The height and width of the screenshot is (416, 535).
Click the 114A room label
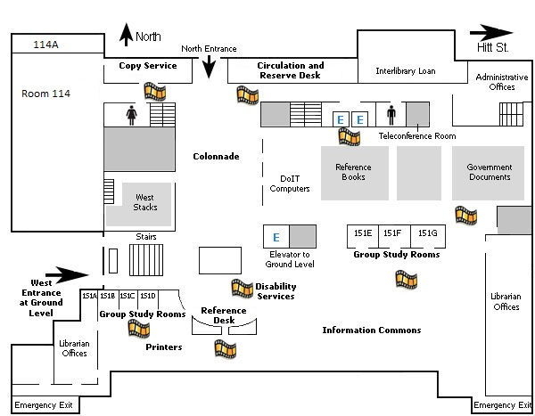pos(45,45)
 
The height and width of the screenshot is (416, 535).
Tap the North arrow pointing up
pos(126,37)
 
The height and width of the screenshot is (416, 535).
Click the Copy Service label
pos(148,66)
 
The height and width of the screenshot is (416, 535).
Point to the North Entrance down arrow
pos(210,66)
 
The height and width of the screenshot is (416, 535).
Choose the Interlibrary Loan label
pos(405,70)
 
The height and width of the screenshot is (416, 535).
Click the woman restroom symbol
pos(132,116)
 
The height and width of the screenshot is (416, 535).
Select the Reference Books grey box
pos(353,173)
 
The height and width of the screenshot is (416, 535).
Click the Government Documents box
pos(490,172)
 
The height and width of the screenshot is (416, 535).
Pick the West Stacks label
pos(145,202)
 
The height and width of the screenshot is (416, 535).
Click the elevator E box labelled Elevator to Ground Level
pos(276,237)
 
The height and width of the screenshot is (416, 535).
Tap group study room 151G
pos(428,233)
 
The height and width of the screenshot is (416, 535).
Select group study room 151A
pos(89,296)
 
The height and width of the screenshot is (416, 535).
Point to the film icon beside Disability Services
pos(243,288)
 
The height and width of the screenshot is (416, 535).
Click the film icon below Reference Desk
pos(225,348)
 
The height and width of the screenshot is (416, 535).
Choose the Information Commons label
pos(371,330)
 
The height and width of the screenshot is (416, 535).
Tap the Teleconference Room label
pos(417,136)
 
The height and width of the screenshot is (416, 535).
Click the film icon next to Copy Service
pos(156,91)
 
